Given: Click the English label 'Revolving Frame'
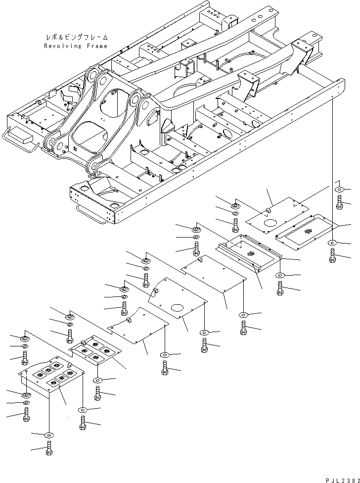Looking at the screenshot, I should pos(76,46).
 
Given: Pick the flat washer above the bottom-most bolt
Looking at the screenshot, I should pos(48,435).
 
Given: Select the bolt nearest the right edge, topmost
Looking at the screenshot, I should pos(340,202).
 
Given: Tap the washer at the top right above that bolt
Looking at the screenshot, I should pos(340,190).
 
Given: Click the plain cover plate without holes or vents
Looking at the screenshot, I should pos(138,325).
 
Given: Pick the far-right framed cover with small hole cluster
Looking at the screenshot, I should pos(306,233).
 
